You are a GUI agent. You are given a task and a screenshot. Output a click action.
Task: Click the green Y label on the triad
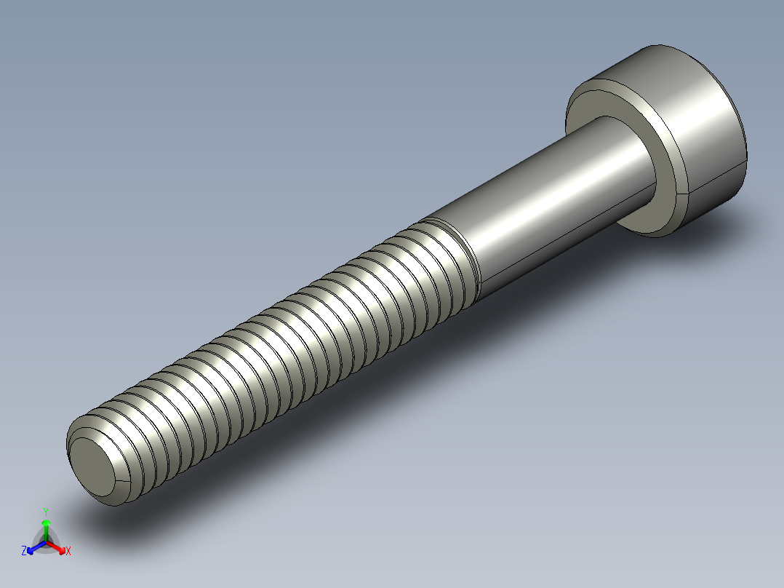[x=46, y=512]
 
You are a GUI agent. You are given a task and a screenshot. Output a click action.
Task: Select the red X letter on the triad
[x=68, y=552]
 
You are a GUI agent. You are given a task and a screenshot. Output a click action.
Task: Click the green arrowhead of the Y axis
[x=46, y=523]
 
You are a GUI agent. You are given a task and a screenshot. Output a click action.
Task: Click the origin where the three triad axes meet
[x=46, y=541]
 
